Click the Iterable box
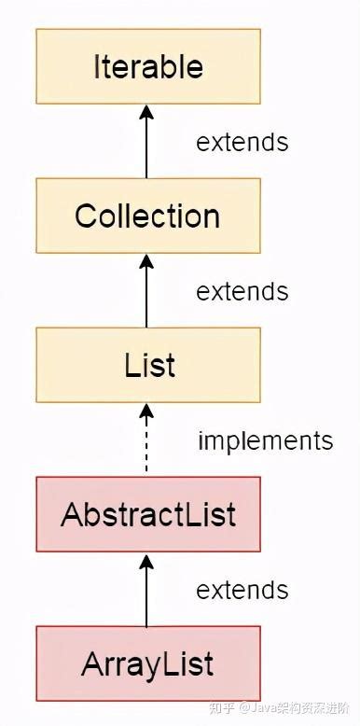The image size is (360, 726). coord(147,66)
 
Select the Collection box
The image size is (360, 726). coord(147,216)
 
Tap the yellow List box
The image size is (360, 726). coord(147,365)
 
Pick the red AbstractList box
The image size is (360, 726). coord(147,514)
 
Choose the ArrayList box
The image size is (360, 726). coord(147,663)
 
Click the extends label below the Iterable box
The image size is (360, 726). coord(242,142)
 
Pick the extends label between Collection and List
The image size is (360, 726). coord(242,291)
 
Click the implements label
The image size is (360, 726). coord(265,440)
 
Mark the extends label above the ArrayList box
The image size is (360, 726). coord(242,590)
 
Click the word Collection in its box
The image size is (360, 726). coord(147,216)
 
